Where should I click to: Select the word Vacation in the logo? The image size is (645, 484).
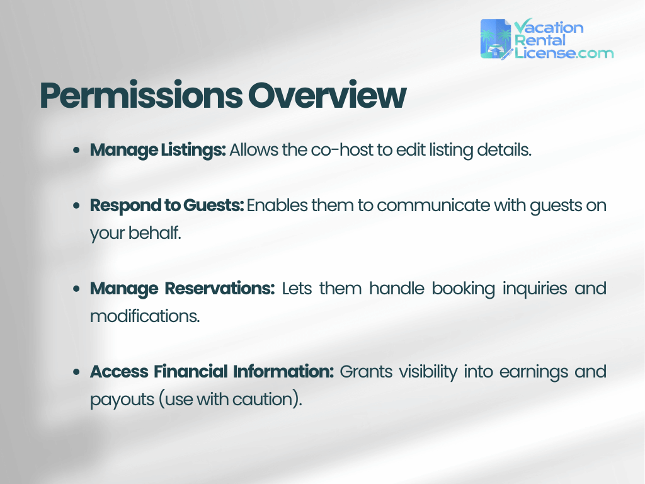click(549, 27)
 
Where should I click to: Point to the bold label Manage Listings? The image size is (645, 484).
click(157, 150)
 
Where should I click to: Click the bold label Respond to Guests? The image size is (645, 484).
click(167, 205)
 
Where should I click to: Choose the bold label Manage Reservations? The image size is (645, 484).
click(182, 289)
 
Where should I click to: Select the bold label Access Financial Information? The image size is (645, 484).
click(212, 372)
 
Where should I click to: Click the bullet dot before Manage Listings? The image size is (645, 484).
click(76, 151)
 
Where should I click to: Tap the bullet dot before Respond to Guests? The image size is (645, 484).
click(76, 206)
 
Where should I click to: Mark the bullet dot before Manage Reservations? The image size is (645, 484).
click(76, 289)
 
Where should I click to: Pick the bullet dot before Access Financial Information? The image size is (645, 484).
click(76, 372)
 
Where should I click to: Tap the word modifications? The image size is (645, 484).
click(144, 316)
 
